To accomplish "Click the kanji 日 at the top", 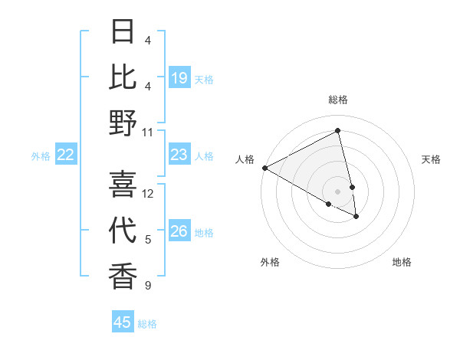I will pos(123,31).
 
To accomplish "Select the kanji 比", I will pos(123,77).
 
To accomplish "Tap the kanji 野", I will pos(123,123).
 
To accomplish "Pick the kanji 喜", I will pos(123,184).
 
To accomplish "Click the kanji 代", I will pos(123,231).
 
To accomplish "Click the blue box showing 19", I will pos(179,78).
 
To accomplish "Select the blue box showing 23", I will pos(179,155).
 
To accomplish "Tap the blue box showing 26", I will pos(179,232).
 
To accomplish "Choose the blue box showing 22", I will pos(66,155).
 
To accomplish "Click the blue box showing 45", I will pos(123,322).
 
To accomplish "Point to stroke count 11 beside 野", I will pos(148,132).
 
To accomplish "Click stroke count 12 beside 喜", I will pos(148,194).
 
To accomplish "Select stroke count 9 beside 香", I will pos(148,286).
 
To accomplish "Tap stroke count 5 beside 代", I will pos(148,240).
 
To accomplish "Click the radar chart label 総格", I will pos(338,100).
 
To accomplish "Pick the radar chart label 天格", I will pos(432,159).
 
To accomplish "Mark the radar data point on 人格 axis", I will pos(264,167).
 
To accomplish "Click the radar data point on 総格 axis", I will pos(338,131).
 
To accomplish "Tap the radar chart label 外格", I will pos(270,262).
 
